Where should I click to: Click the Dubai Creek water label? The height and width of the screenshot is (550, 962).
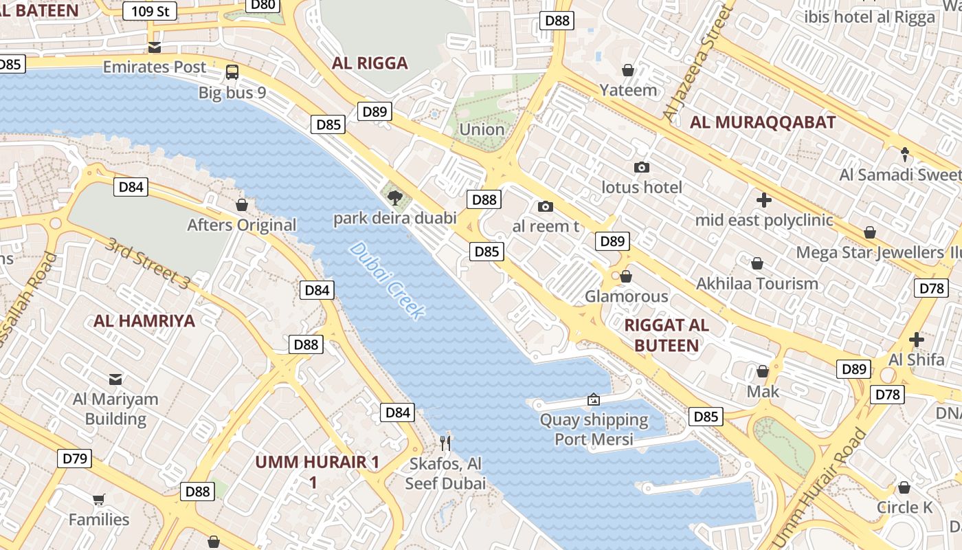coord(385,280)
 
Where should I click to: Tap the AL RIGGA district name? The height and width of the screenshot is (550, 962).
coord(370,63)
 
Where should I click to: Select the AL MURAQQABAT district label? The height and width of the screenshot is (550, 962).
coord(763,122)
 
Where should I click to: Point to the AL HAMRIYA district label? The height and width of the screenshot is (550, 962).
coord(144,320)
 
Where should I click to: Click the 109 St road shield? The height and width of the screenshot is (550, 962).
coord(150,11)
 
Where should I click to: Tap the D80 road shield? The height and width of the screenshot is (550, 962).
coord(262,5)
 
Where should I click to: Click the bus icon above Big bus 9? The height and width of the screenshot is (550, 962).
coord(232,71)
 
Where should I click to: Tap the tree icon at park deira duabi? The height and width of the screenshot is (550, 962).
coord(394,199)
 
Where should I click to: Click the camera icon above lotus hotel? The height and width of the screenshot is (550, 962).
coord(642,167)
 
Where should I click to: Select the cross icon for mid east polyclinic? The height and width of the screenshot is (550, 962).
coord(763,200)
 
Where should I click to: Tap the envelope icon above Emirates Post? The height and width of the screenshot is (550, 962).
coord(155,47)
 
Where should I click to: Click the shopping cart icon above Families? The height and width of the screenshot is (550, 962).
coord(99,499)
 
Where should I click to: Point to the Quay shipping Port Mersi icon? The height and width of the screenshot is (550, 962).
coord(593,399)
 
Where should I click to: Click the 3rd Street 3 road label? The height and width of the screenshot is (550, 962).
coord(148,263)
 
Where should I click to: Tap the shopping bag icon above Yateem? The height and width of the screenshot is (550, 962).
coord(627,70)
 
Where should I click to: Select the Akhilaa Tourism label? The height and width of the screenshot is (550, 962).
coord(757,283)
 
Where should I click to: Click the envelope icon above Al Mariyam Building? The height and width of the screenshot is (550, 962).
coord(115,379)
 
